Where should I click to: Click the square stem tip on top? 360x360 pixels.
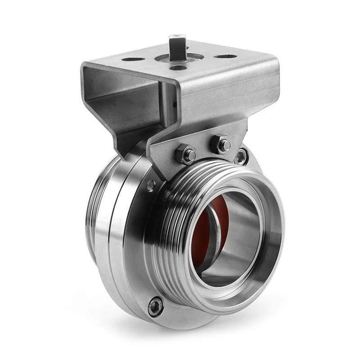176,41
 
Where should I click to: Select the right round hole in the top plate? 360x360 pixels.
225,57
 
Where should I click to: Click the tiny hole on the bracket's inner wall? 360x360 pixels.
174,104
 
